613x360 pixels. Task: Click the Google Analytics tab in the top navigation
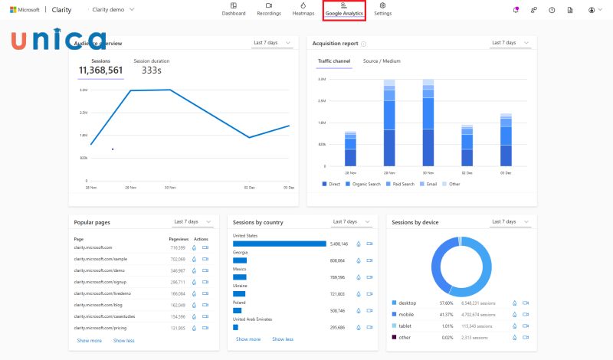[344, 10]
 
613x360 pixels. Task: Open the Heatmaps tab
[303, 10]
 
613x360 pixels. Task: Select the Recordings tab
[268, 10]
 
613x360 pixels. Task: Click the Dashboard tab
[234, 10]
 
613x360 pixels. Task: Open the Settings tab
[382, 10]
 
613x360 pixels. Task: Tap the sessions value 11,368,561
[100, 70]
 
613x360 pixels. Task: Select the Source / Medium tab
[382, 61]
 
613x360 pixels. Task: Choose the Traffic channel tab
[334, 61]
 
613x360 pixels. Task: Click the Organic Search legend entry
[365, 184]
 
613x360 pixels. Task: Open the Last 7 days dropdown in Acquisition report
[509, 43]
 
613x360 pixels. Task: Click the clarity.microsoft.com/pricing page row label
[100, 328]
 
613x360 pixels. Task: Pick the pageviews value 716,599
[178, 248]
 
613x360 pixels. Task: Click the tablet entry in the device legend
[407, 326]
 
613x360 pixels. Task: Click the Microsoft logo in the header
[25, 9]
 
